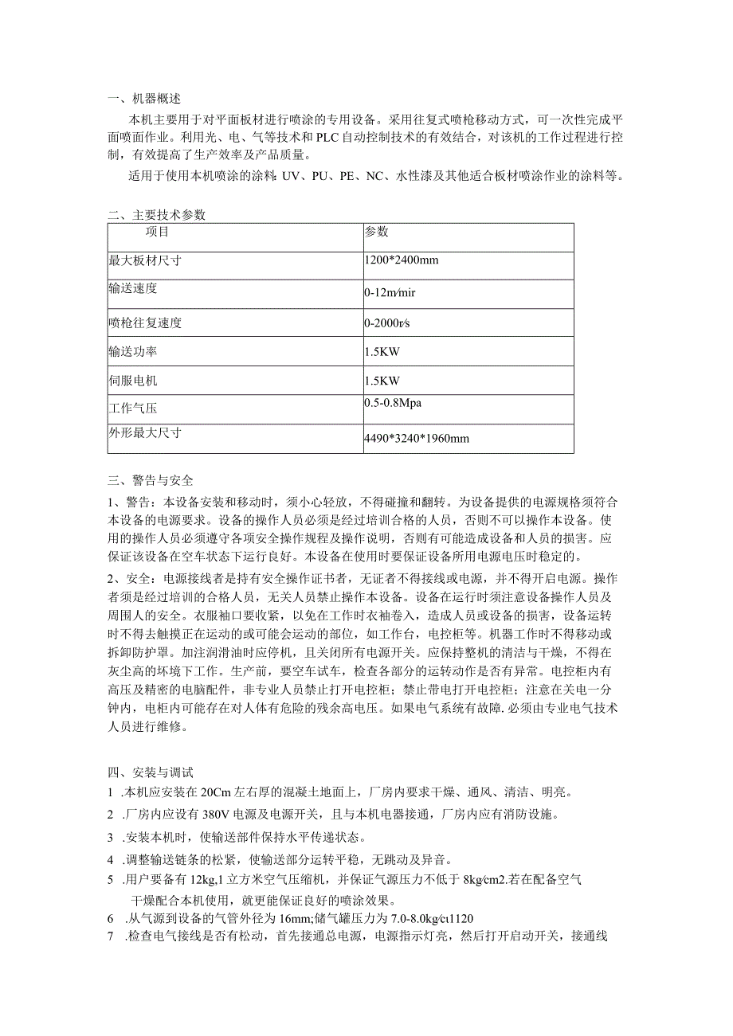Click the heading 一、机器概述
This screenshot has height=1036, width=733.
point(144,100)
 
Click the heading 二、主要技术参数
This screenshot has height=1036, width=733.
point(156,215)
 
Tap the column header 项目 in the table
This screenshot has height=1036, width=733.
point(157,233)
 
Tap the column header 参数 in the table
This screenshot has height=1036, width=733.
point(376,232)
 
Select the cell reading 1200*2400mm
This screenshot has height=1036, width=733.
point(402,260)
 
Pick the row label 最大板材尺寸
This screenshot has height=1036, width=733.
point(145,260)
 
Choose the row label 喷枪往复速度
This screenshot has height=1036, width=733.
point(145,323)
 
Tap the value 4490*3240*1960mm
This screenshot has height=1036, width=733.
point(416,438)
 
